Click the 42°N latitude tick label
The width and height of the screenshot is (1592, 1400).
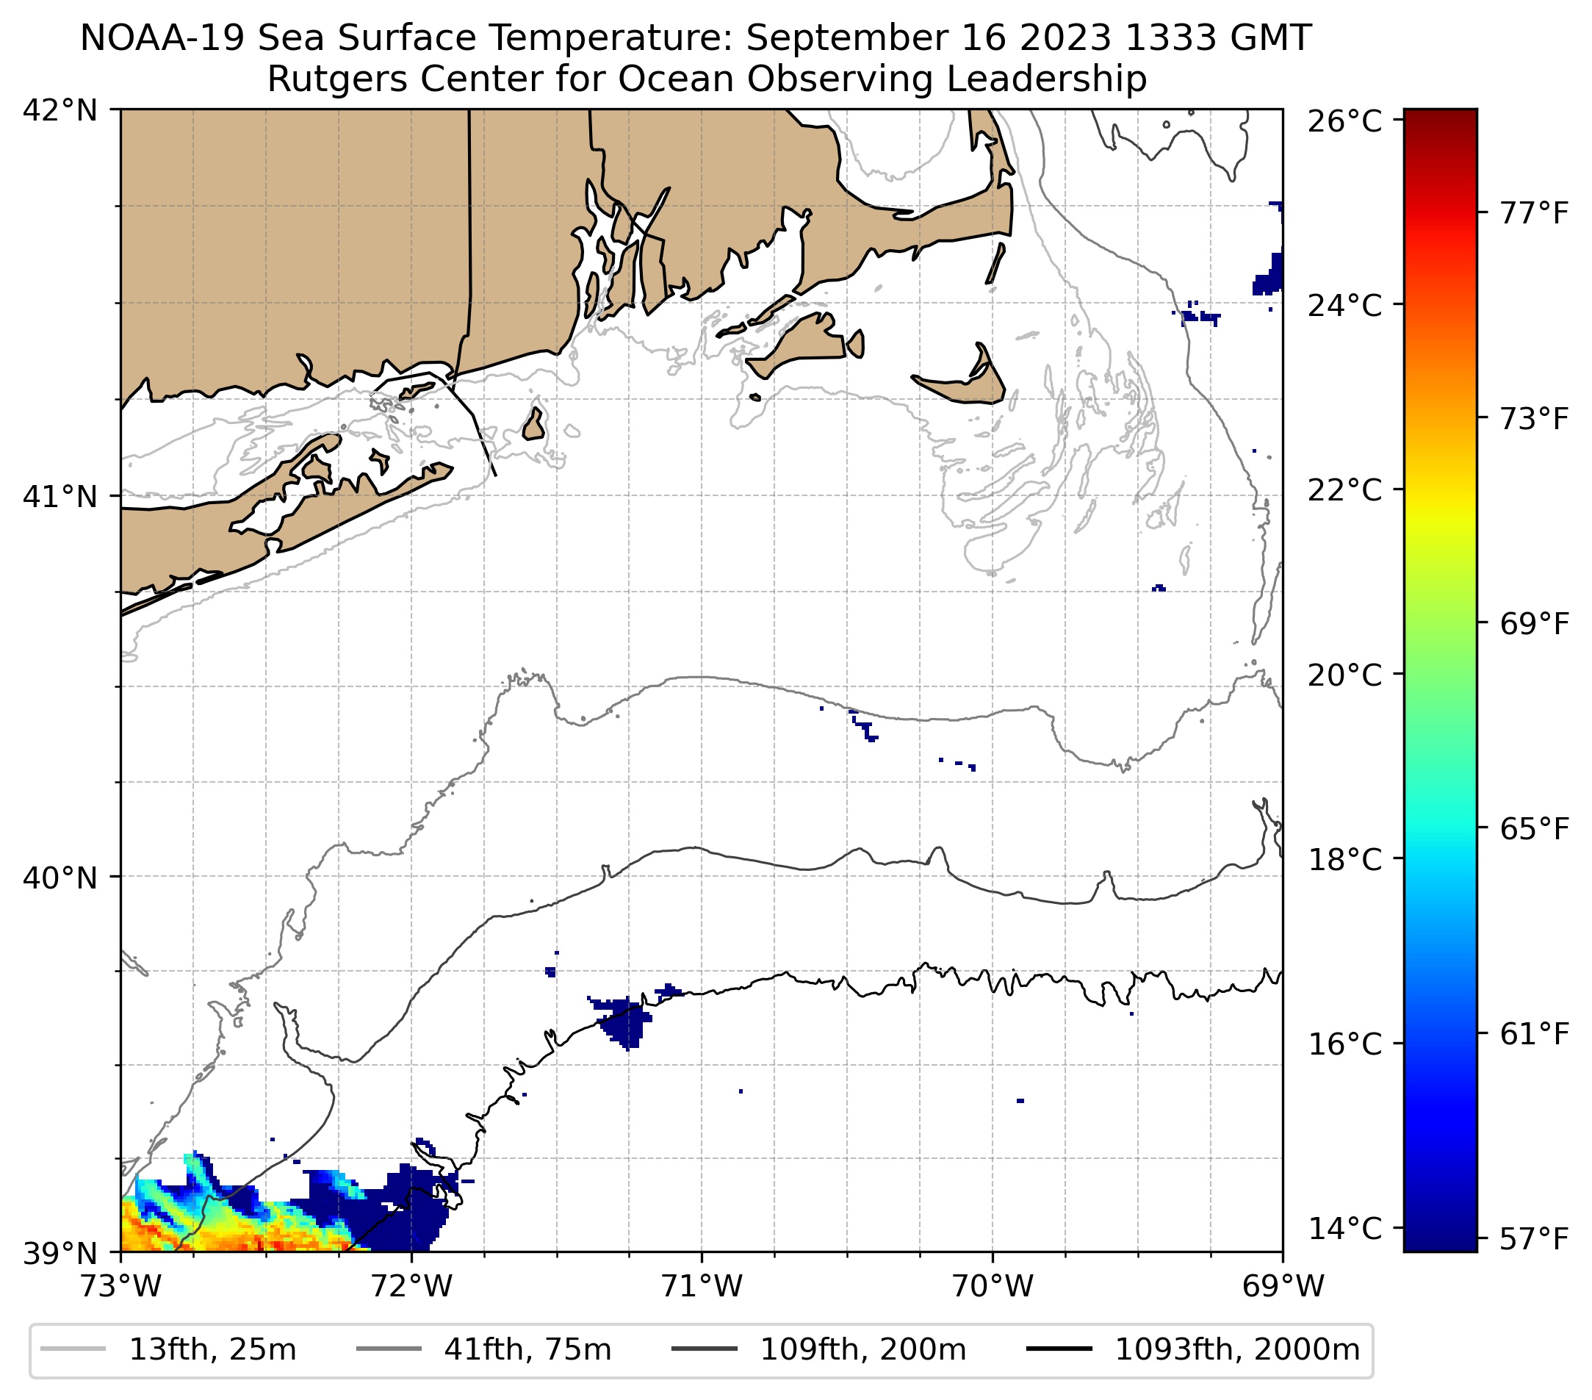[x=60, y=111]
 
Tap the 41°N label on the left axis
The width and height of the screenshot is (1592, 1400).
[x=60, y=496]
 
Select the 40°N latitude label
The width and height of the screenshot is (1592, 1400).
[x=60, y=878]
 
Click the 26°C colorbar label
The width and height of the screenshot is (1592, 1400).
[x=1344, y=122]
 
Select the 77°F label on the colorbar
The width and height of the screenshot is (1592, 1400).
[x=1533, y=212]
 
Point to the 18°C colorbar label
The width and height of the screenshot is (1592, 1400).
[x=1344, y=860]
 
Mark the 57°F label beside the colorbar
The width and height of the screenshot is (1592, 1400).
[x=1533, y=1239]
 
